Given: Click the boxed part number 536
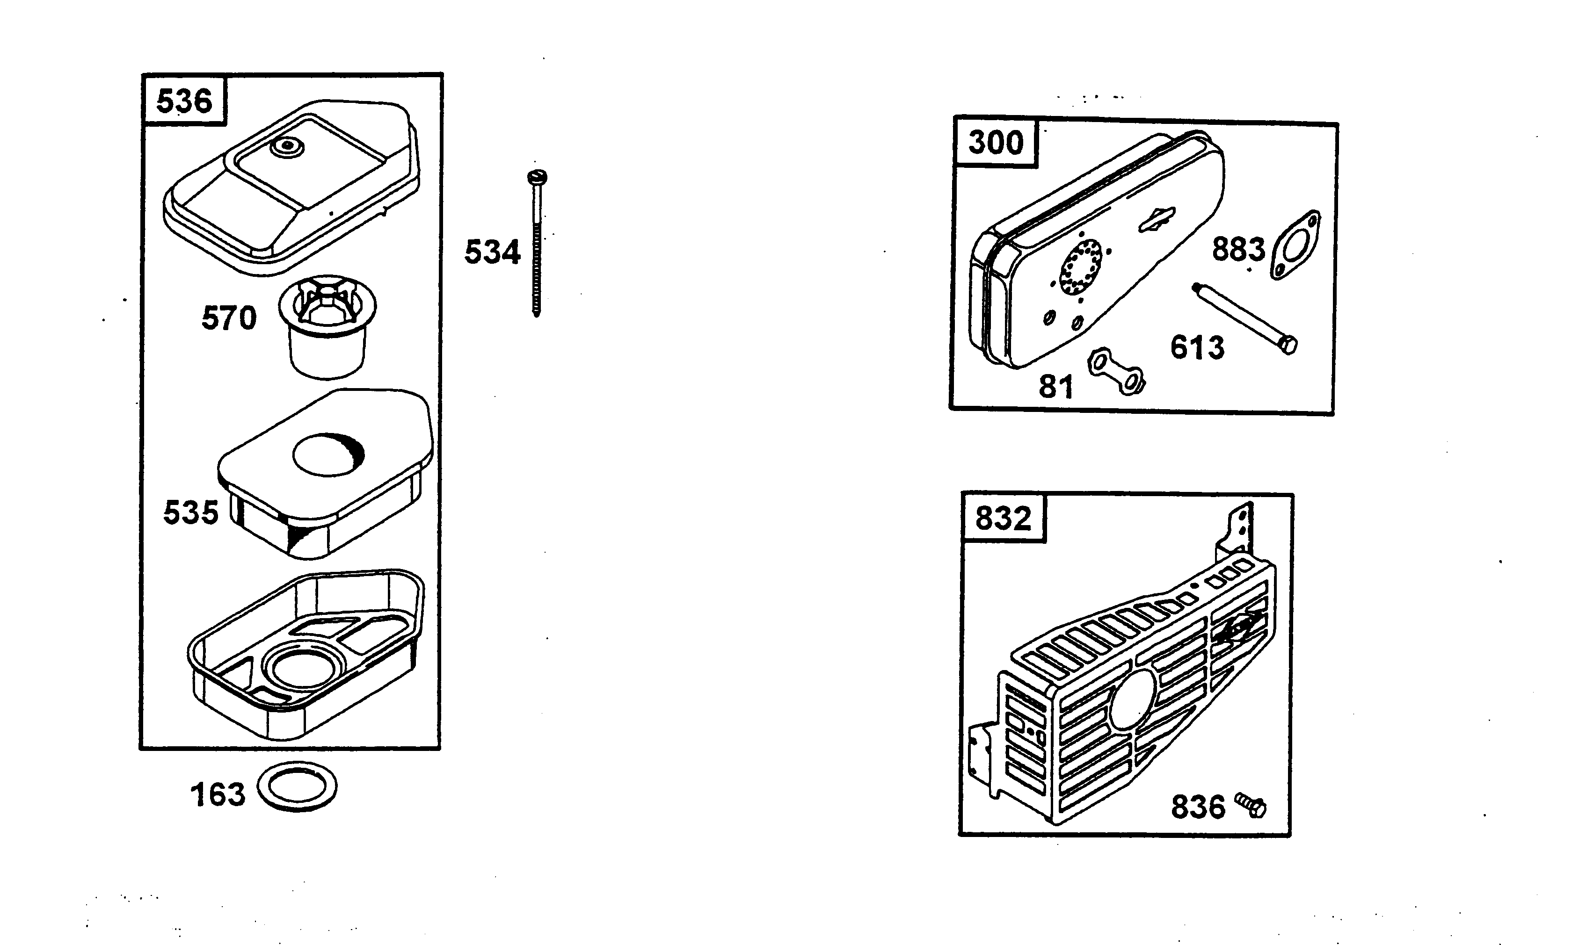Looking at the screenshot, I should point(184,101).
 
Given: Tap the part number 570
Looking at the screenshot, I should point(229,318).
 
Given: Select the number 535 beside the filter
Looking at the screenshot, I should point(190,512).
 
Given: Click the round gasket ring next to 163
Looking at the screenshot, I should point(298,787).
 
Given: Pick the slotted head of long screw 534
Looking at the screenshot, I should point(538,177).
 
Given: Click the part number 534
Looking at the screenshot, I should point(492,252).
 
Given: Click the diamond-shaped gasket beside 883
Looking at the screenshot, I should point(1295,246).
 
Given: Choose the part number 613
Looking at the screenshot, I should point(1197,348).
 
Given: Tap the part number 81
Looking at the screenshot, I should point(1056,387).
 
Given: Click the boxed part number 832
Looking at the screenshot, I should point(1003,518).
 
